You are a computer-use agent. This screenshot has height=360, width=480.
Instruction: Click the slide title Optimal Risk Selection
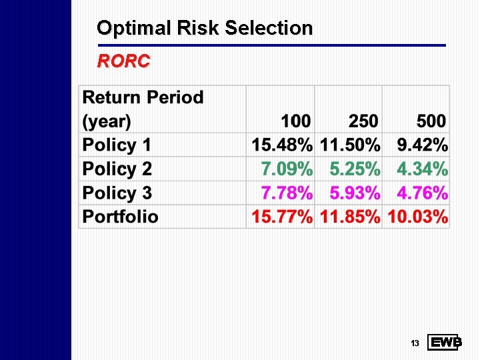click(205, 28)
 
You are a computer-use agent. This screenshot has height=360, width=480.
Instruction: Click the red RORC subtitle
click(124, 62)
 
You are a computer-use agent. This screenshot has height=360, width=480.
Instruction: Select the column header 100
click(295, 121)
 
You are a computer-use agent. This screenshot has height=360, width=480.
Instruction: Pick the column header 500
click(431, 121)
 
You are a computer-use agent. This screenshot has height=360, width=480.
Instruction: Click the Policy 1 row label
click(117, 145)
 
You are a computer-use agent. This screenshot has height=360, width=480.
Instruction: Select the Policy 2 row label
click(117, 169)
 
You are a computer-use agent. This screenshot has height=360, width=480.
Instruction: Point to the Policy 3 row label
click(117, 193)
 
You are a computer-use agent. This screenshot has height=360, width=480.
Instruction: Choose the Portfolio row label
click(121, 217)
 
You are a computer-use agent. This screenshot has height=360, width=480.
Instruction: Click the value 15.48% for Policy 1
click(281, 145)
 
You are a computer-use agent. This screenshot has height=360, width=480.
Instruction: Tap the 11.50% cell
click(350, 145)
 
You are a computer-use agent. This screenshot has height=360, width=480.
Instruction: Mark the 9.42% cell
click(423, 145)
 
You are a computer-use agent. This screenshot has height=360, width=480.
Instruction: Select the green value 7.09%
click(286, 169)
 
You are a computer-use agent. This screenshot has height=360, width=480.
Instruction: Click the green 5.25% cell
click(355, 169)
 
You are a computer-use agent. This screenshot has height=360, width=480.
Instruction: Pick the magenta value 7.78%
click(286, 193)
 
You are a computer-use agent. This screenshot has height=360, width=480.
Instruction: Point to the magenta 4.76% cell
click(423, 193)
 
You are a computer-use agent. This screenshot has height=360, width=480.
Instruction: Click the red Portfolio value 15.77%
click(281, 217)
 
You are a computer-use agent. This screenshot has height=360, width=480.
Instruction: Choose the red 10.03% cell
click(417, 217)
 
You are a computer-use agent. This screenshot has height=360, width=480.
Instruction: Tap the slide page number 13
click(414, 343)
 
